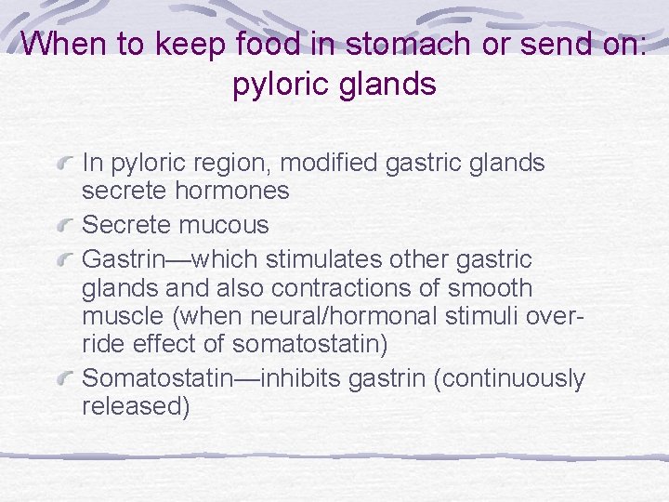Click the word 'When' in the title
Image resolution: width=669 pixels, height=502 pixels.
coord(61,46)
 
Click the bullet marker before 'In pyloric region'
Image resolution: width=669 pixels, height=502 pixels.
coord(66,165)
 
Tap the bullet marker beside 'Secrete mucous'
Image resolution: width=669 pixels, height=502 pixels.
coord(66,226)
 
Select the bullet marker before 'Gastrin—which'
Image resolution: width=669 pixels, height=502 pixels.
coord(66,258)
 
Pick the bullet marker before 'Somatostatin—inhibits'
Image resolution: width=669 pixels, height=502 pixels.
coord(66,378)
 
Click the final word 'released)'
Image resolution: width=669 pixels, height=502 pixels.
coord(136,407)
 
